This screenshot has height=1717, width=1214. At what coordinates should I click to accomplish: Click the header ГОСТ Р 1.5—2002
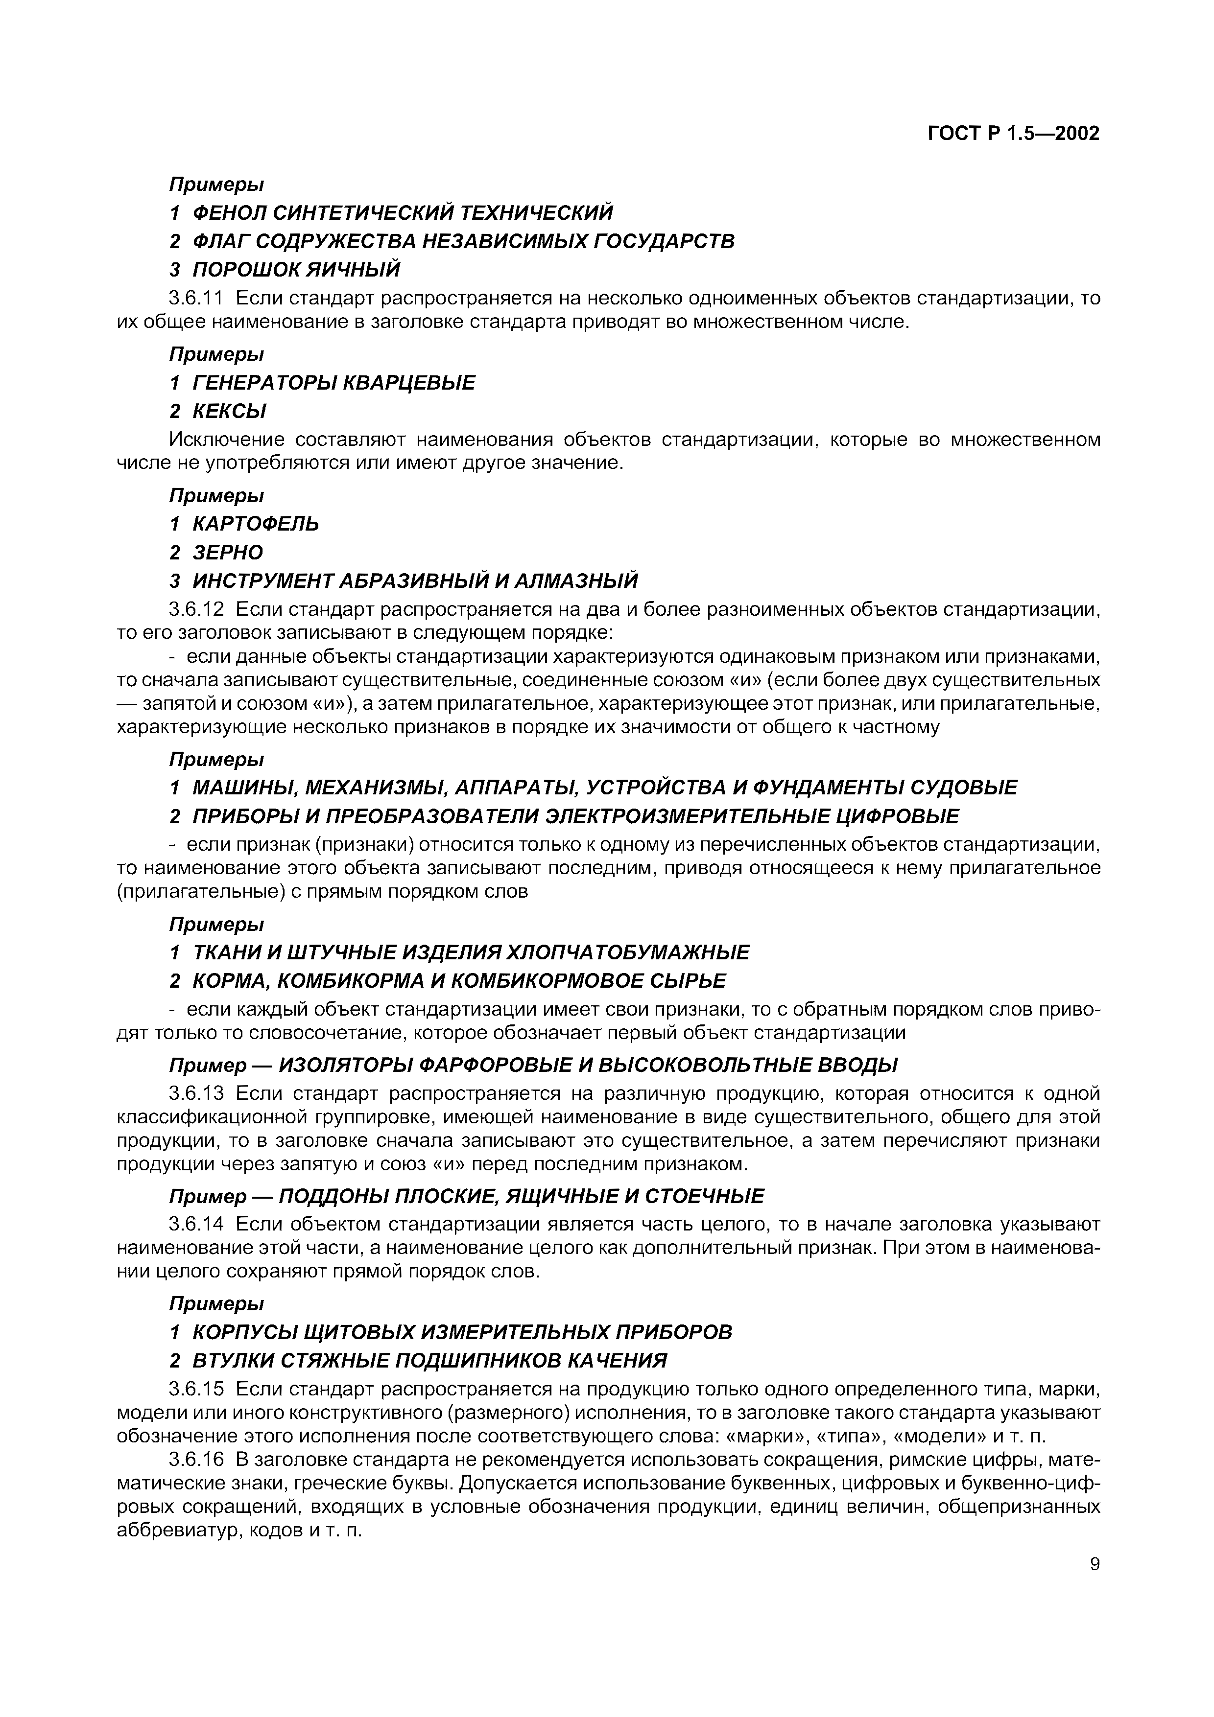click(1014, 134)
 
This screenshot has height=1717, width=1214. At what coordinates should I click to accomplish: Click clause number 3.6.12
click(196, 610)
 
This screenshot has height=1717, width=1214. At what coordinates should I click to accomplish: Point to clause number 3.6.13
click(196, 1094)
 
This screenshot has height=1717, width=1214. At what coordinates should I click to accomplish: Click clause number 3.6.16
click(196, 1460)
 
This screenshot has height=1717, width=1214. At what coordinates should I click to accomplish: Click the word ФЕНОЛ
click(228, 213)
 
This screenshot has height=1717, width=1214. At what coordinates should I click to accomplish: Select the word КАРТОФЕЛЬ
click(256, 524)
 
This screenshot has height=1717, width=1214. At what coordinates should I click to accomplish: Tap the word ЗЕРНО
click(228, 553)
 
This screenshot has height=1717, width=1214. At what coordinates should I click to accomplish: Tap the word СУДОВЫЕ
click(970, 788)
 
